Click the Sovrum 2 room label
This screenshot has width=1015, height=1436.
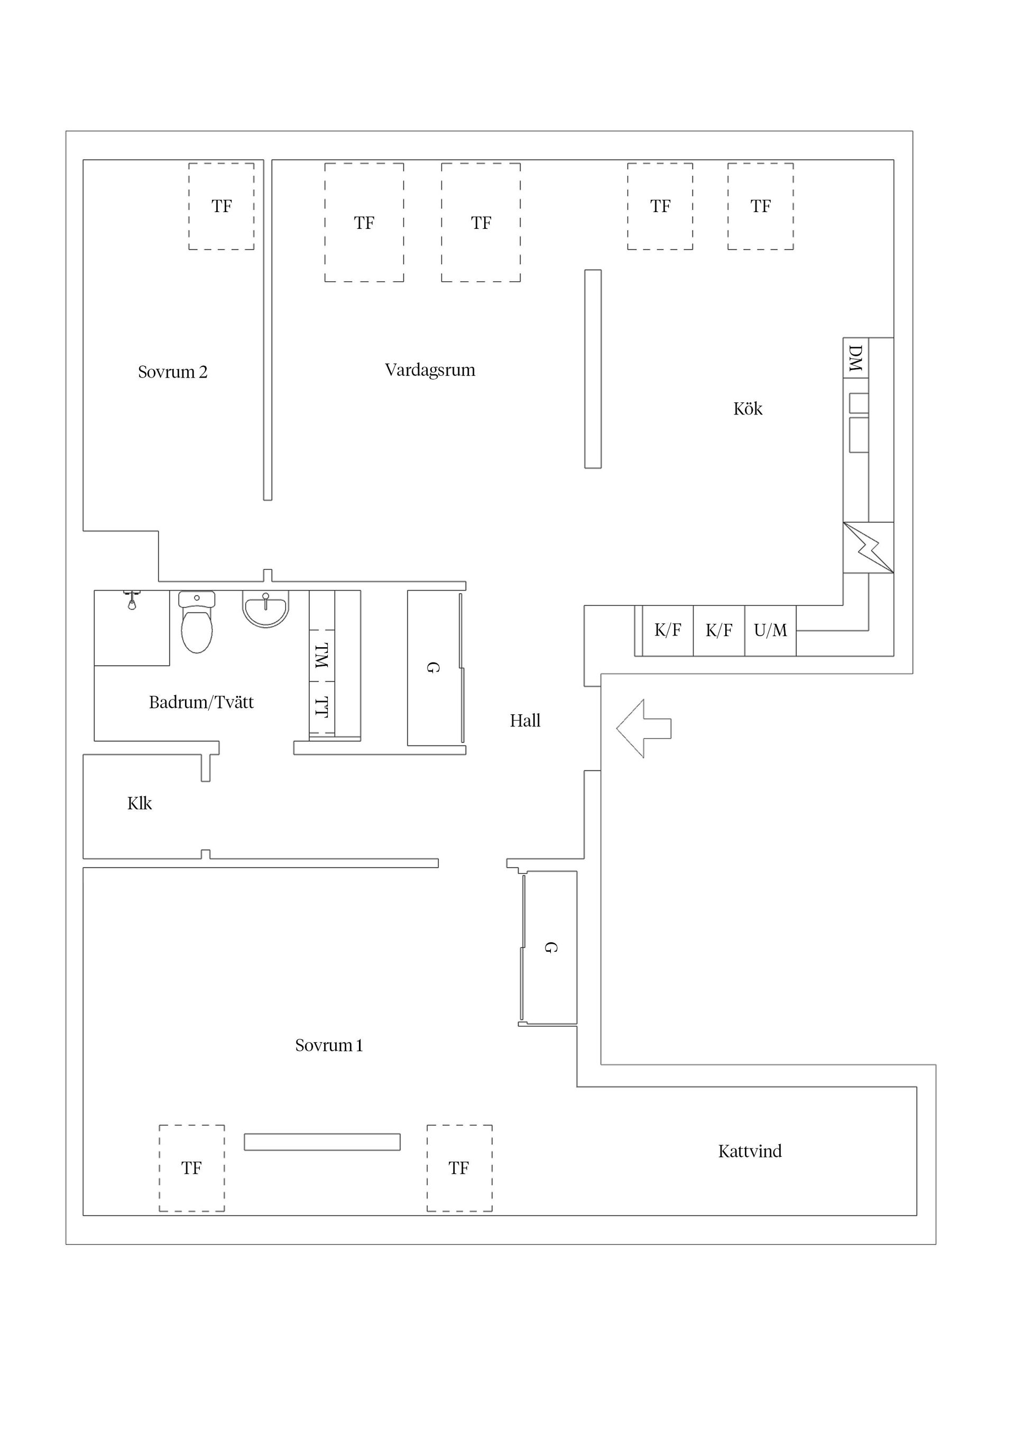[173, 372]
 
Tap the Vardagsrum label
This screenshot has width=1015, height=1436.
[430, 370]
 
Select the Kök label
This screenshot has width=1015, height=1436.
[748, 409]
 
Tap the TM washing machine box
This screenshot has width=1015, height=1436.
[322, 656]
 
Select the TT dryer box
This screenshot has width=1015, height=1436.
[322, 707]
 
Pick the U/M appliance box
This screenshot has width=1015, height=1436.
[770, 630]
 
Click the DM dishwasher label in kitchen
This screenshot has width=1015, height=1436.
[855, 358]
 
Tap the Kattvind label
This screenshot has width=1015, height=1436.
[750, 1152]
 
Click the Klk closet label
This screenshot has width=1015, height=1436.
[140, 804]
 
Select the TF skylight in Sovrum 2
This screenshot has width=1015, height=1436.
[222, 206]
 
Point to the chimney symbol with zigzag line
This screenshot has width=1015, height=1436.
[868, 547]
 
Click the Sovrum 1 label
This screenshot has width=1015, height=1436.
[329, 1046]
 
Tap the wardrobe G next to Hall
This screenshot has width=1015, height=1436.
[433, 667]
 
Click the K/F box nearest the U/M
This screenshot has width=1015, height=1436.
[718, 630]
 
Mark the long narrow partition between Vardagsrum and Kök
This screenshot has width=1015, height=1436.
[593, 369]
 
